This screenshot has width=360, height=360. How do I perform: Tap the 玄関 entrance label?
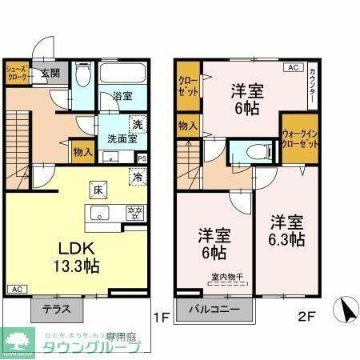click(x=50, y=73)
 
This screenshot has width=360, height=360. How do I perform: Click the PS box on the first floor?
click(x=142, y=158)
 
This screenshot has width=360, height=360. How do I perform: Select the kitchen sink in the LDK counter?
click(x=99, y=213)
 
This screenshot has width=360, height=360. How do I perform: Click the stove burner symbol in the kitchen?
click(x=134, y=213)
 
